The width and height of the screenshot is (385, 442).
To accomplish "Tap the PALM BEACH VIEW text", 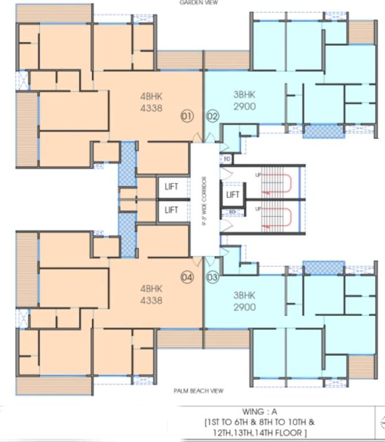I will (x=199, y=391).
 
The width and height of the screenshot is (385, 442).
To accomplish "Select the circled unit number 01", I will (x=187, y=115).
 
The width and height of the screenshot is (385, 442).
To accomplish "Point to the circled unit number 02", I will (x=212, y=116).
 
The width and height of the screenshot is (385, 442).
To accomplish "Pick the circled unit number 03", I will (x=212, y=277).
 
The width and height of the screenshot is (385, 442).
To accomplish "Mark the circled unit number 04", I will (x=187, y=277).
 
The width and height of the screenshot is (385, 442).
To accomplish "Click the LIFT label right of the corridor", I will (x=232, y=195).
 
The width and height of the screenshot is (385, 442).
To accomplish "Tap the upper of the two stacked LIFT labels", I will (x=171, y=186).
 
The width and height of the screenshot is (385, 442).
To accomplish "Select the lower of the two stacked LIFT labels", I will (x=171, y=209).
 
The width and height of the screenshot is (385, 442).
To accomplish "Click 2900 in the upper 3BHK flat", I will (x=245, y=106).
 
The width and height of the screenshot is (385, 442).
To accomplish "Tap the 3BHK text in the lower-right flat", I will (x=244, y=296).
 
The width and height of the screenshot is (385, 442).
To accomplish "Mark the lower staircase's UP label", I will (x=258, y=208).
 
